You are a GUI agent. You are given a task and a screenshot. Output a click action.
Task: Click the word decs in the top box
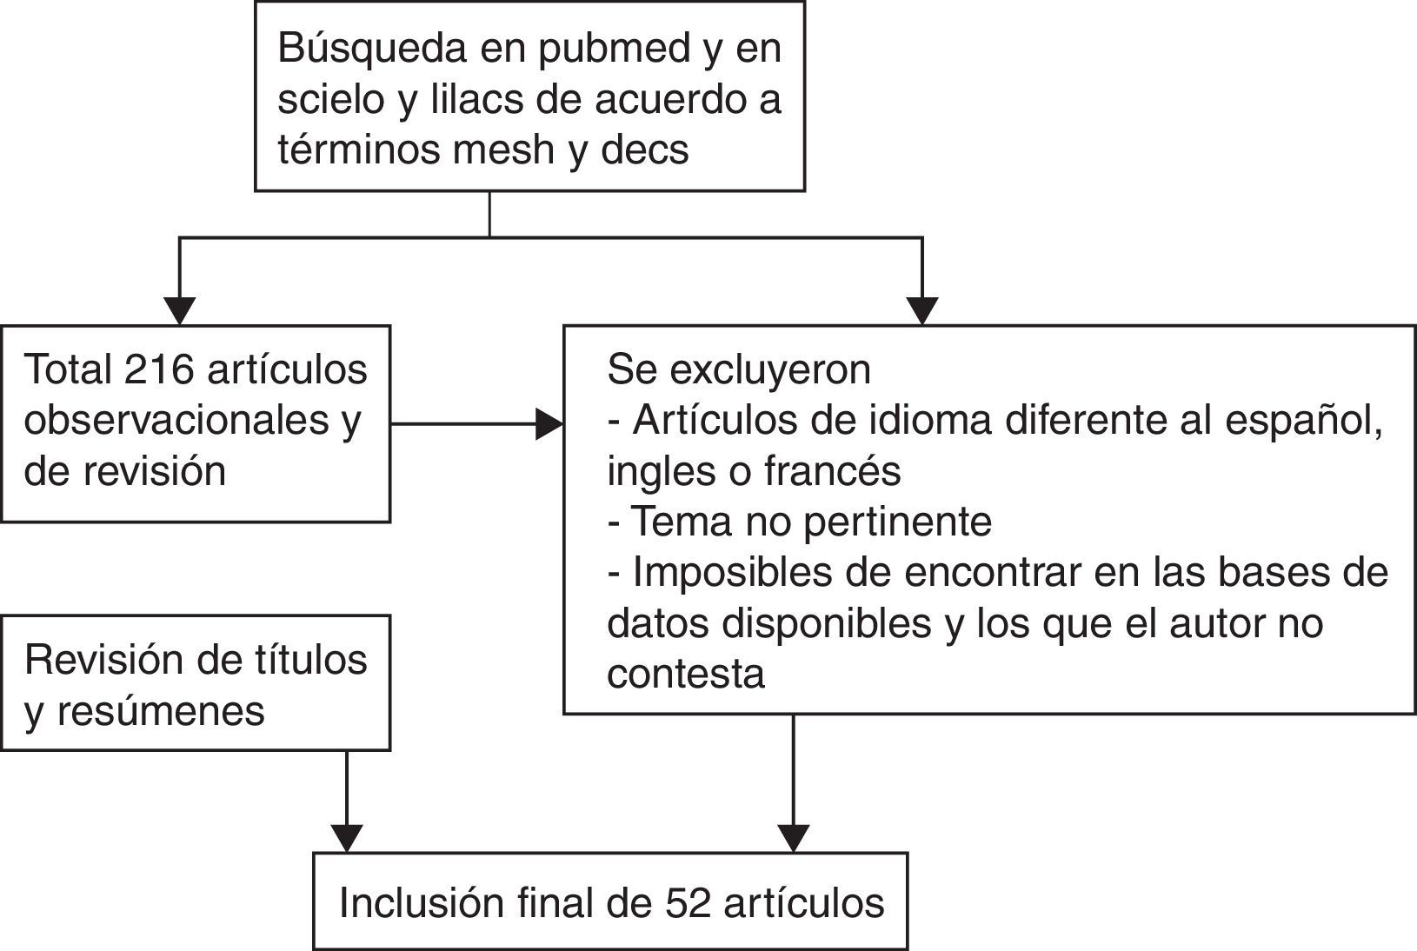pyautogui.click(x=644, y=150)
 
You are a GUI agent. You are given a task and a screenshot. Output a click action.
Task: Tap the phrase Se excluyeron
pyautogui.click(x=739, y=369)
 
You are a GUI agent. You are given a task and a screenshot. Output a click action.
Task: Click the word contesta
pyautogui.click(x=686, y=674)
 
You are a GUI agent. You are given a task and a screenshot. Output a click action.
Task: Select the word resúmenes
pyautogui.click(x=161, y=711)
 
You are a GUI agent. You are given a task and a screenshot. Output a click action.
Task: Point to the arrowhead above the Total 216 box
pyautogui.click(x=180, y=311)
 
